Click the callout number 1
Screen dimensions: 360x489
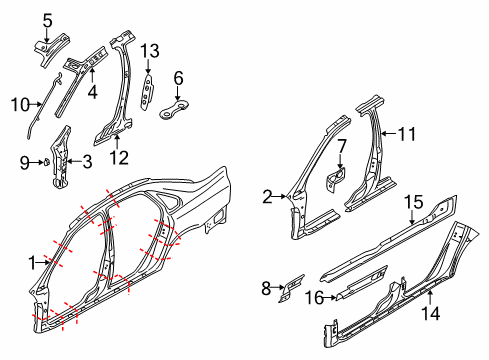pos(32,263)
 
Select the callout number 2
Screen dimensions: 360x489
pos(267,197)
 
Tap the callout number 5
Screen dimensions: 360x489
pos(48,18)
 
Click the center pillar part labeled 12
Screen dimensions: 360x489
pos(122,90)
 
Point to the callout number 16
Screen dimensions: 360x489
pos(311,298)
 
